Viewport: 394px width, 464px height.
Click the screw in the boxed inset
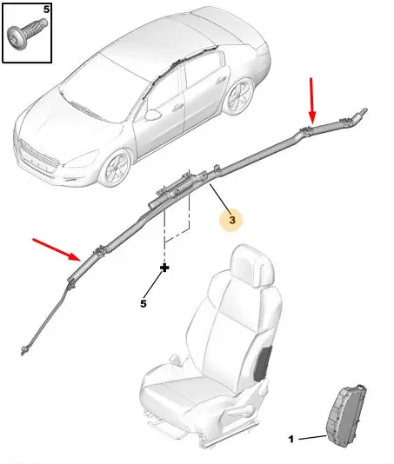pyautogui.click(x=27, y=34)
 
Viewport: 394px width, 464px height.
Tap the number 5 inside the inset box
pyautogui.click(x=46, y=10)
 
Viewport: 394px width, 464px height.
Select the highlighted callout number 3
pyautogui.click(x=232, y=220)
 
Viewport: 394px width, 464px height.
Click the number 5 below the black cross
pyautogui.click(x=144, y=303)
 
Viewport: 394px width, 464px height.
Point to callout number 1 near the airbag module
pyautogui.click(x=291, y=439)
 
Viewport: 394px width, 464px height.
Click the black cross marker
pyautogui.click(x=164, y=268)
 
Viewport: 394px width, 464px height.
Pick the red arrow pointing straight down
pyautogui.click(x=312, y=100)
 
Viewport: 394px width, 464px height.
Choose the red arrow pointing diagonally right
pyautogui.click(x=57, y=249)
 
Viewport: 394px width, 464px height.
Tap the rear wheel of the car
pyautogui.click(x=239, y=96)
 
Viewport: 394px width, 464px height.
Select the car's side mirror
pyautogui.click(x=152, y=115)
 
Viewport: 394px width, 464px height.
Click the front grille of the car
pyautogui.click(x=37, y=157)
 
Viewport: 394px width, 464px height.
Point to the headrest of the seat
pyautogui.click(x=253, y=265)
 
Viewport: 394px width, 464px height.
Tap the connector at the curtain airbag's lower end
pyautogui.click(x=23, y=350)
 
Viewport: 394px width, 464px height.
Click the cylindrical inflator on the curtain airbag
pyautogui.click(x=177, y=191)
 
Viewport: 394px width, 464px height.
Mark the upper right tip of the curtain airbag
pyautogui.click(x=366, y=109)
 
